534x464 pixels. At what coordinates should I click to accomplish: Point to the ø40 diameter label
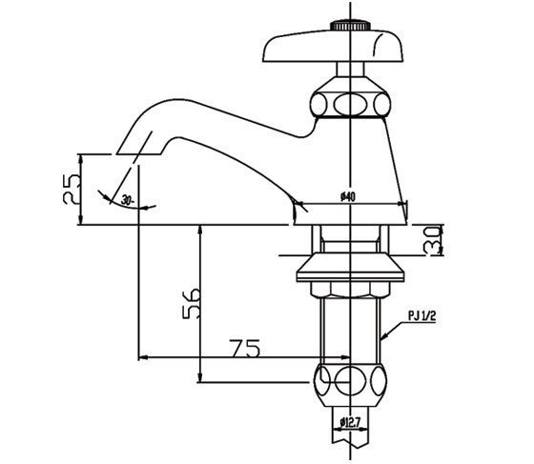pos(347,196)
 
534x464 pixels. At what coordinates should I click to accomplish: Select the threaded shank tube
pos(351,324)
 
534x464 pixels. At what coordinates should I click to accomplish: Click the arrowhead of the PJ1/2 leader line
pos(385,337)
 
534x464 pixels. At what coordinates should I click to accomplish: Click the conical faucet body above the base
pos(351,162)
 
